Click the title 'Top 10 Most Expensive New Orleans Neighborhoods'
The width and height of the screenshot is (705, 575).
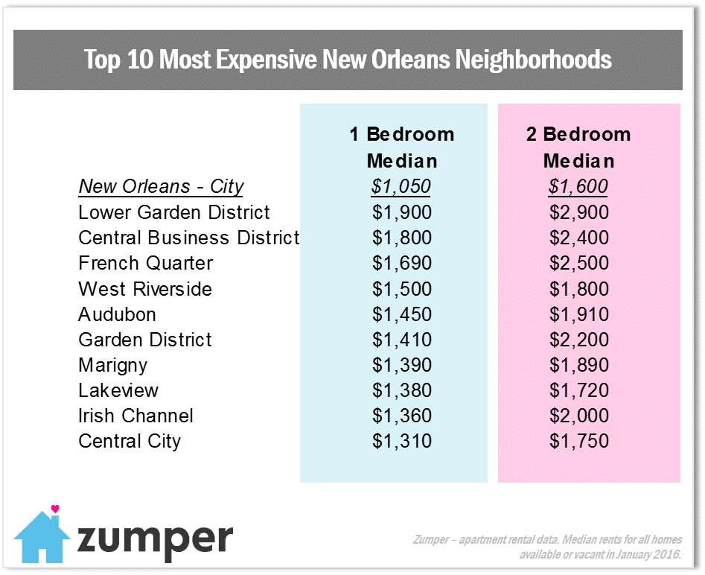pyautogui.click(x=348, y=60)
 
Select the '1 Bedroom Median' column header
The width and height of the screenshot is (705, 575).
pyautogui.click(x=402, y=147)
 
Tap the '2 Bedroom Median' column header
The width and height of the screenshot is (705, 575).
pyautogui.click(x=578, y=147)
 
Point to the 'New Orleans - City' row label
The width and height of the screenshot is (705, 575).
pyautogui.click(x=162, y=187)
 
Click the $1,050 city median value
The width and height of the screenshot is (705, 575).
pyautogui.click(x=402, y=187)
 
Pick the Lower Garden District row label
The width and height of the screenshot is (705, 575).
pyautogui.click(x=174, y=212)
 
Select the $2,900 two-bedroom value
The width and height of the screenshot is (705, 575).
pyautogui.click(x=579, y=212)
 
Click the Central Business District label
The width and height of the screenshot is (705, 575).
pyautogui.click(x=188, y=238)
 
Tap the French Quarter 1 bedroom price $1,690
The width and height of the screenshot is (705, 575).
pyautogui.click(x=402, y=264)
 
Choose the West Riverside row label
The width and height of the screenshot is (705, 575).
pyautogui.click(x=145, y=289)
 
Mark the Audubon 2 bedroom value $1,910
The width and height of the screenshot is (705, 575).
pyautogui.click(x=579, y=314)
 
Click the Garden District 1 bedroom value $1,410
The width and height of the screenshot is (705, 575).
pyautogui.click(x=402, y=340)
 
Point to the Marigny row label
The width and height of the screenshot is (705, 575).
pyautogui.click(x=113, y=366)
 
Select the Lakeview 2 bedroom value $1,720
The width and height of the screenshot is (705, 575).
pyautogui.click(x=579, y=390)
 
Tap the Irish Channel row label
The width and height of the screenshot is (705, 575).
pyautogui.click(x=135, y=416)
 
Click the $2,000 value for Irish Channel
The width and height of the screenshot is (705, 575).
pyautogui.click(x=579, y=416)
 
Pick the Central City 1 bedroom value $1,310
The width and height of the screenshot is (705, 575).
pyautogui.click(x=402, y=441)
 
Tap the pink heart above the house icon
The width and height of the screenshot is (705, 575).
pyautogui.click(x=54, y=509)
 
